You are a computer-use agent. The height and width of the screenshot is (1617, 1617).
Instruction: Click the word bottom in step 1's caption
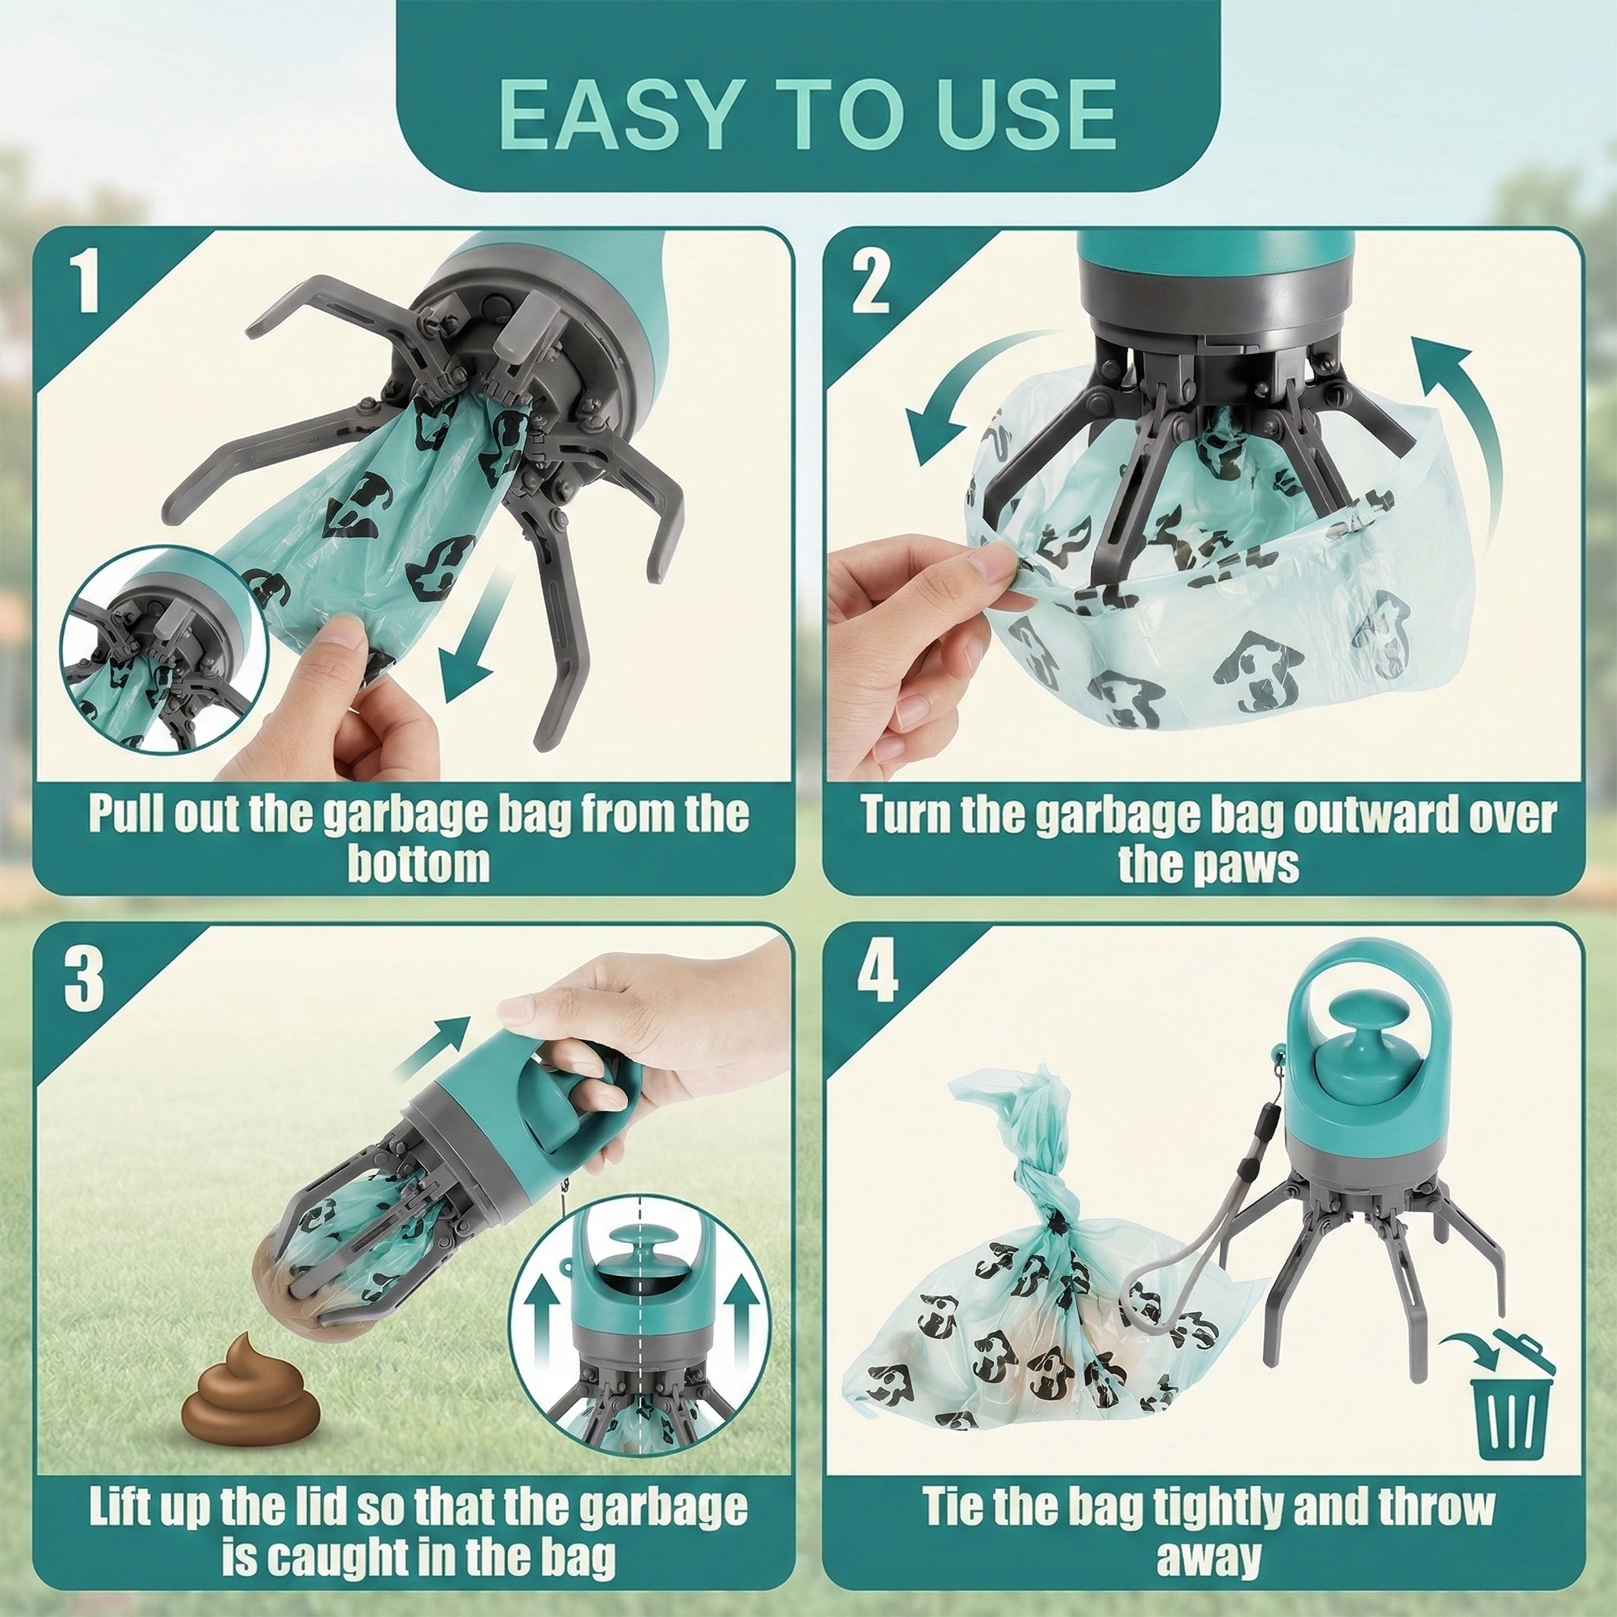418,865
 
